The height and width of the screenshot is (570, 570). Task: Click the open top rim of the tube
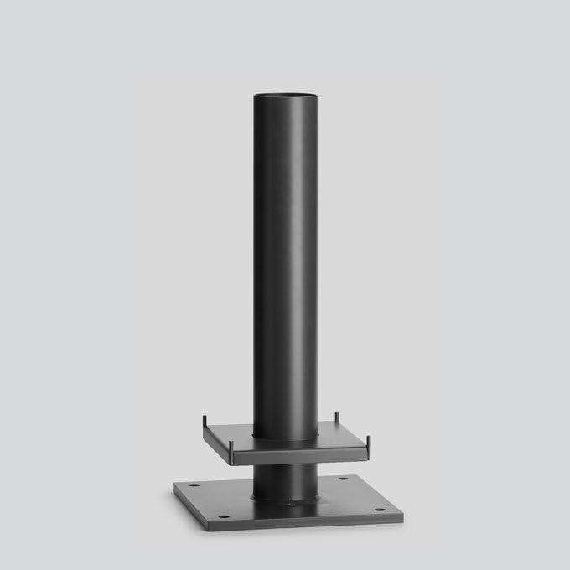285,96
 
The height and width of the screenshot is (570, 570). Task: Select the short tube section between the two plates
285,480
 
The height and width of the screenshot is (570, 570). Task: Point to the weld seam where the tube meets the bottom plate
286,501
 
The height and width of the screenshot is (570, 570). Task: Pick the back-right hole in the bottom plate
343,479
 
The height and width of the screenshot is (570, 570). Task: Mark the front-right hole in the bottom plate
381,510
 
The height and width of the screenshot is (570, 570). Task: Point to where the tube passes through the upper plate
285,438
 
